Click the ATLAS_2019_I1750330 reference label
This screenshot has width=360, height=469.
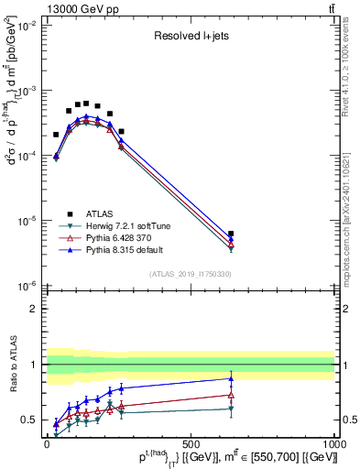pyautogui.click(x=189, y=274)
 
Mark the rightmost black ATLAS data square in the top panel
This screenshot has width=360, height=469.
pyautogui.click(x=231, y=234)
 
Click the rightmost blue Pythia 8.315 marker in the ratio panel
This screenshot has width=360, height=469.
pyautogui.click(x=231, y=378)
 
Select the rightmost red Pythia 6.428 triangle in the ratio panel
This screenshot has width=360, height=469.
pyautogui.click(x=231, y=395)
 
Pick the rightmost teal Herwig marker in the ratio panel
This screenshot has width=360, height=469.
pyautogui.click(x=231, y=409)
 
